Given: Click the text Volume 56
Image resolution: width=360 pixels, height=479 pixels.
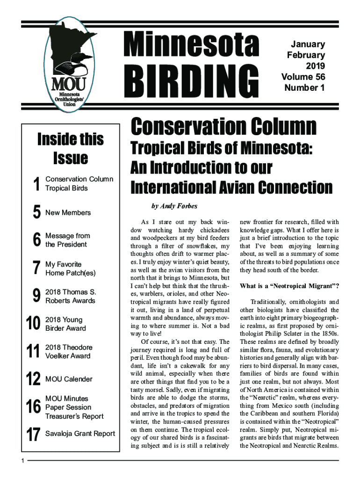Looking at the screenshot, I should [303, 77].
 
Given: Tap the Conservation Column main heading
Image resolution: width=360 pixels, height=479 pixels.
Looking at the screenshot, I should [223, 127].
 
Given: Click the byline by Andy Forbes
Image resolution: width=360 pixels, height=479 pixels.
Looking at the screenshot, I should [173, 206].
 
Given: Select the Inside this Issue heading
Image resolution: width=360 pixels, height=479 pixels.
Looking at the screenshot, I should [71, 148].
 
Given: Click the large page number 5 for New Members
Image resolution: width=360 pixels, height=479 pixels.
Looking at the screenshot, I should [36, 213].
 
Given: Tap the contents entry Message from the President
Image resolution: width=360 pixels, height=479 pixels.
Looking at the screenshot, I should [67, 240].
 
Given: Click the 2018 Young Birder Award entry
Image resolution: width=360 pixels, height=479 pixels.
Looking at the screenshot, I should [65, 324].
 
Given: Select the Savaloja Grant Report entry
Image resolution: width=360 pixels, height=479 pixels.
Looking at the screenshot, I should [80, 434].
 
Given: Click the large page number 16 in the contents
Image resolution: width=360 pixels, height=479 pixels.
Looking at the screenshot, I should [33, 407].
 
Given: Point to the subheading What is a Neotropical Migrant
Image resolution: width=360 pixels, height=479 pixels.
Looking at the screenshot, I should [289, 286].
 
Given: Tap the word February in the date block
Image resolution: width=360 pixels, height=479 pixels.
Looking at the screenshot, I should [306, 55].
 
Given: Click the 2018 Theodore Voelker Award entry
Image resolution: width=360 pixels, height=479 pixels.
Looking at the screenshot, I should [69, 351].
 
